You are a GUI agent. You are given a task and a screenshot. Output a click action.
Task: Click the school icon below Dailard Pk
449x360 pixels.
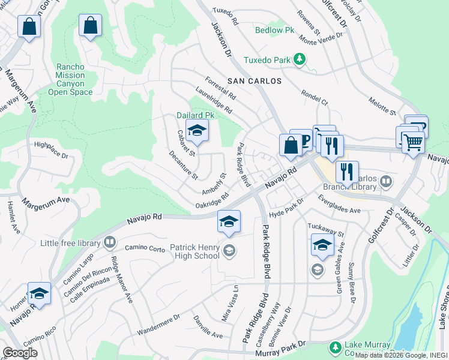[196, 130]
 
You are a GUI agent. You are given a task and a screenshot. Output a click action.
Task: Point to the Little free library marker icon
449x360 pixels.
[110, 242]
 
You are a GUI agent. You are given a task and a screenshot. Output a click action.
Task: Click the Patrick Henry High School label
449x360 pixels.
[194, 251]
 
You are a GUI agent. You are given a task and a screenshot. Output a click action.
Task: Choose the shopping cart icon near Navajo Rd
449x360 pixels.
[412, 142]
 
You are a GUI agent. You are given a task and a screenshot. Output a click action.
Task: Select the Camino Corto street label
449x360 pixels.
[145, 248]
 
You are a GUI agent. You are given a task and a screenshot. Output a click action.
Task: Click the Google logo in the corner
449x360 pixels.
[20, 353]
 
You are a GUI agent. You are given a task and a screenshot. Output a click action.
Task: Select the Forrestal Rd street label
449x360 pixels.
[220, 88]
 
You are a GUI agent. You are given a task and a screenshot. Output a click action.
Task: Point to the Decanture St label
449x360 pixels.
[183, 166]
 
